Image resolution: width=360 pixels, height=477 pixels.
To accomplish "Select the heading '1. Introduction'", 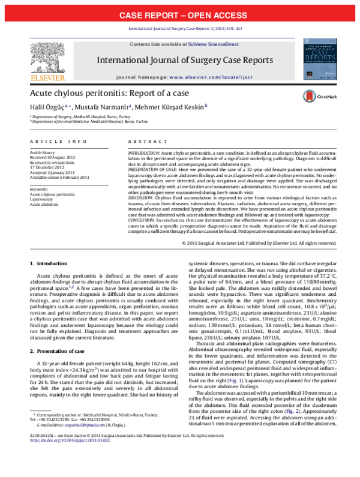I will [49, 264].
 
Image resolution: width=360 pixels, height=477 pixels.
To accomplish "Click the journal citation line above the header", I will [180, 29].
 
